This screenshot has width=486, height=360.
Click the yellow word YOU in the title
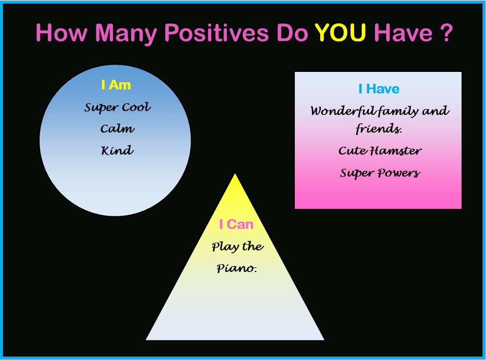coord(340,33)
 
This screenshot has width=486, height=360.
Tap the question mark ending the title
coord(446,33)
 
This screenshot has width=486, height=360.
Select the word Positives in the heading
coord(216,33)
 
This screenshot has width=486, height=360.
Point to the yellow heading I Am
coord(116,85)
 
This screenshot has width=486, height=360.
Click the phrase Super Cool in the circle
coord(117,107)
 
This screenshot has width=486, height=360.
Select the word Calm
coord(117,128)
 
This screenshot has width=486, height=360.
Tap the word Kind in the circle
coord(117,150)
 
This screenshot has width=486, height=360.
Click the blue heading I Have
coord(379,89)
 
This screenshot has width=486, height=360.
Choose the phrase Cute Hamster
coord(380,151)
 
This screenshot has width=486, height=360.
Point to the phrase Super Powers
coord(380,173)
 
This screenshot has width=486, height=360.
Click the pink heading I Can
coord(236,224)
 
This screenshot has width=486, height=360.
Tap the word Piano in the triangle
coord(237,268)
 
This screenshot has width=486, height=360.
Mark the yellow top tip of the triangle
coord(235,174)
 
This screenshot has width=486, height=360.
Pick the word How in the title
coord(62,33)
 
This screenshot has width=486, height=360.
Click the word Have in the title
coord(403,33)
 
